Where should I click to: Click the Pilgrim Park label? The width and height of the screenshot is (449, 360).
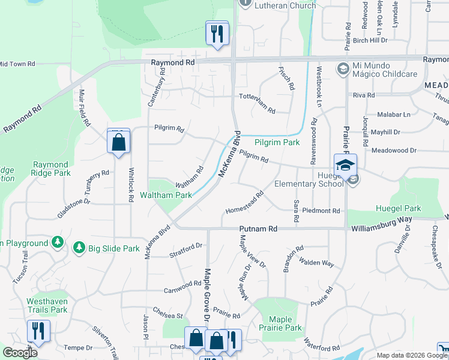pyautogui.click(x=277, y=143)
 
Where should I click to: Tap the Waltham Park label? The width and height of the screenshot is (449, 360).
pyautogui.click(x=166, y=195)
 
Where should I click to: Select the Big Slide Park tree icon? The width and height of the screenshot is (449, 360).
pyautogui.click(x=79, y=247)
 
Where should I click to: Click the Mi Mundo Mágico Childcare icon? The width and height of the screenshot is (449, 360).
pyautogui.click(x=343, y=68)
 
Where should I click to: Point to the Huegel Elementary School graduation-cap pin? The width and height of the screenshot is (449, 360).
pyautogui.click(x=345, y=166)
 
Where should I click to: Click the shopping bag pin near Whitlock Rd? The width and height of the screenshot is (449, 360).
pyautogui.click(x=119, y=143)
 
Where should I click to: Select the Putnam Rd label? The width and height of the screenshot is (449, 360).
pyautogui.click(x=259, y=229)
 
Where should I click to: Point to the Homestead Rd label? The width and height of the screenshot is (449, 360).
pyautogui.click(x=245, y=203)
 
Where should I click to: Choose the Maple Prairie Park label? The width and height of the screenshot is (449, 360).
pyautogui.click(x=280, y=324)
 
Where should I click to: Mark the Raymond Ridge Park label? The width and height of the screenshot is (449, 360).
pyautogui.click(x=51, y=169)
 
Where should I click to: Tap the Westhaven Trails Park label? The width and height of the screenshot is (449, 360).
pyautogui.click(x=47, y=306)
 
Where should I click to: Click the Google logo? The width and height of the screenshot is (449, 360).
pyautogui.click(x=20, y=353)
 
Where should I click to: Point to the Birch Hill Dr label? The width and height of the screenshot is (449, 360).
pyautogui.click(x=370, y=40)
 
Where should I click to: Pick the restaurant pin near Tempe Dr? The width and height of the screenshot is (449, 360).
pyautogui.click(x=38, y=332)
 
